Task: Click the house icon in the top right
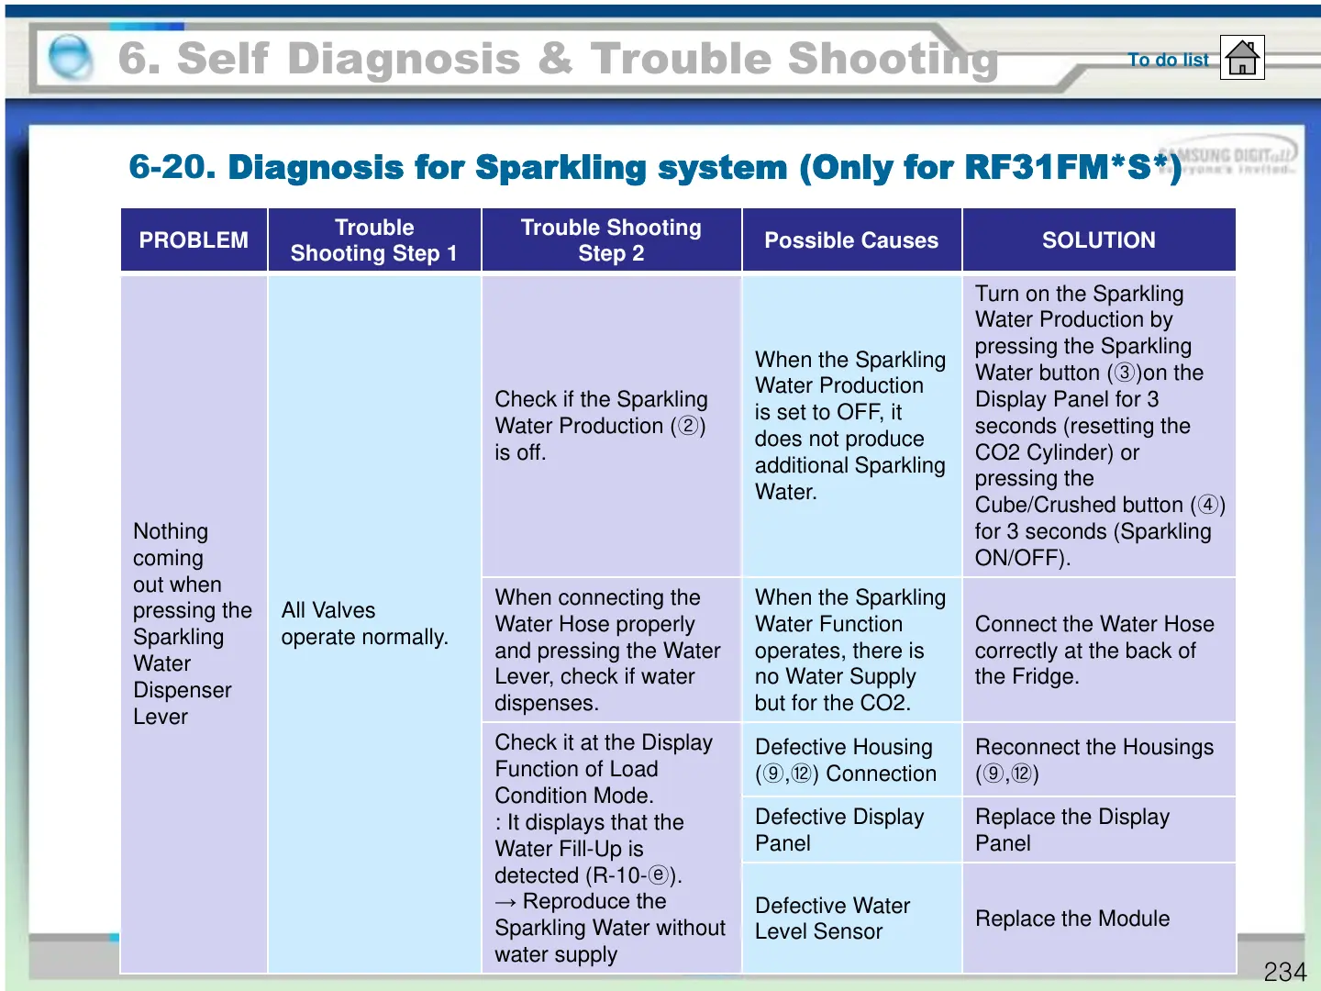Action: pyautogui.click(x=1242, y=58)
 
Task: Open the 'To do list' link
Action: pyautogui.click(x=1168, y=60)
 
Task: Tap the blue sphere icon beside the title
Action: pyautogui.click(x=70, y=58)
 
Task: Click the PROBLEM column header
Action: pyautogui.click(x=194, y=240)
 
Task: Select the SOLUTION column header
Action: pyautogui.click(x=1098, y=240)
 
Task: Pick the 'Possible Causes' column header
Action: pyautogui.click(x=851, y=240)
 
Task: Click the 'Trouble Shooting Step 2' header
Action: pyautogui.click(x=611, y=240)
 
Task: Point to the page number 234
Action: pyautogui.click(x=1284, y=972)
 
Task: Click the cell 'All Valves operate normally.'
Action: pyautogui.click(x=364, y=624)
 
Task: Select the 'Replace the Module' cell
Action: pyautogui.click(x=1072, y=919)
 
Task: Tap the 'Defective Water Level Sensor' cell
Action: pyautogui.click(x=832, y=919)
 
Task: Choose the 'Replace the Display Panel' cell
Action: pyautogui.click(x=1072, y=830)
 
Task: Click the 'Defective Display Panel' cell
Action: pyautogui.click(x=838, y=830)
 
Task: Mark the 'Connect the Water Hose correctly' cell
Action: pyautogui.click(x=1093, y=650)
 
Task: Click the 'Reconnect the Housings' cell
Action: pyautogui.click(x=1093, y=760)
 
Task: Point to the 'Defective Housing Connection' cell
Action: pyautogui.click(x=845, y=760)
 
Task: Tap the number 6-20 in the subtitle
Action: pyautogui.click(x=172, y=167)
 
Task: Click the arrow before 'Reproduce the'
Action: pyautogui.click(x=505, y=903)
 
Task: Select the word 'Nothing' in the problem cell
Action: pyautogui.click(x=171, y=531)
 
